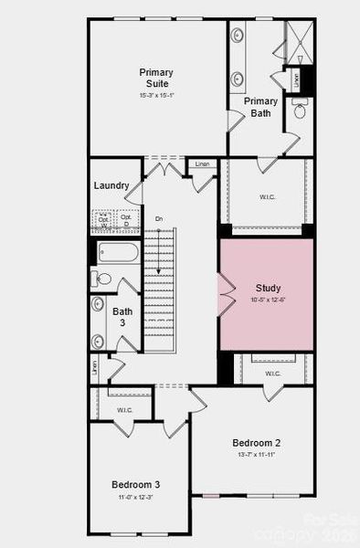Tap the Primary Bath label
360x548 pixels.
[261, 107]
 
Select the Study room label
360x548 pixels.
[269, 289]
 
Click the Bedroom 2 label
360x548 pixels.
[255, 443]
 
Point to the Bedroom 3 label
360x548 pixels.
[136, 484]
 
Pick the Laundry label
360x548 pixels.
[111, 186]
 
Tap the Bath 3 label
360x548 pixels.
[122, 317]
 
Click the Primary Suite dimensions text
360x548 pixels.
[156, 94]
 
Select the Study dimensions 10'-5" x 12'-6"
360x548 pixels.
[269, 300]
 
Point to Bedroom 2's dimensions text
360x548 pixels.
[255, 455]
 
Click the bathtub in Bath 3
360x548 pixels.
[118, 252]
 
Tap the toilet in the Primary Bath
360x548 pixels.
[300, 111]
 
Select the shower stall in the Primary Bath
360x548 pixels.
[299, 41]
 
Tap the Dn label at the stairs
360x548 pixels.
[158, 219]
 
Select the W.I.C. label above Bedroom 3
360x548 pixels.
[124, 410]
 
